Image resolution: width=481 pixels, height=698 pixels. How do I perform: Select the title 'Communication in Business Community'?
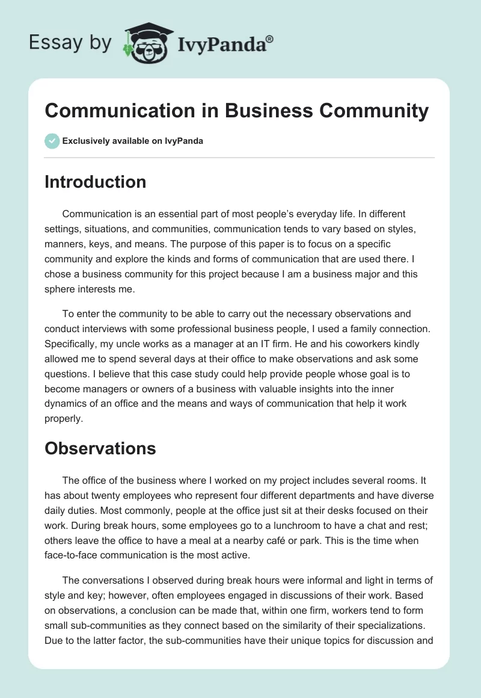point(236,111)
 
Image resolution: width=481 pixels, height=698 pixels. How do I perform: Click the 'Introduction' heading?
point(95,182)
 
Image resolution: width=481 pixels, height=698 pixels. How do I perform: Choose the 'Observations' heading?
point(100,448)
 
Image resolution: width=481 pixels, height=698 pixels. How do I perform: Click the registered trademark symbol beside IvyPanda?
point(270,38)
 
